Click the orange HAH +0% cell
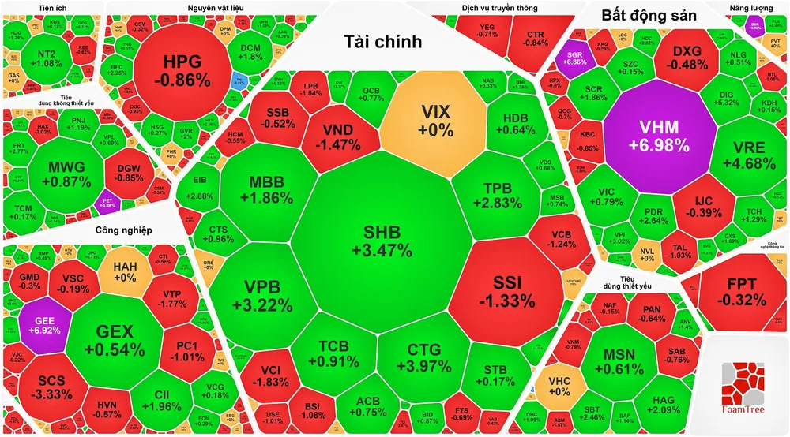[125, 272]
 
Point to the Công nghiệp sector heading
[123, 230]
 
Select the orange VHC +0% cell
[559, 385]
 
